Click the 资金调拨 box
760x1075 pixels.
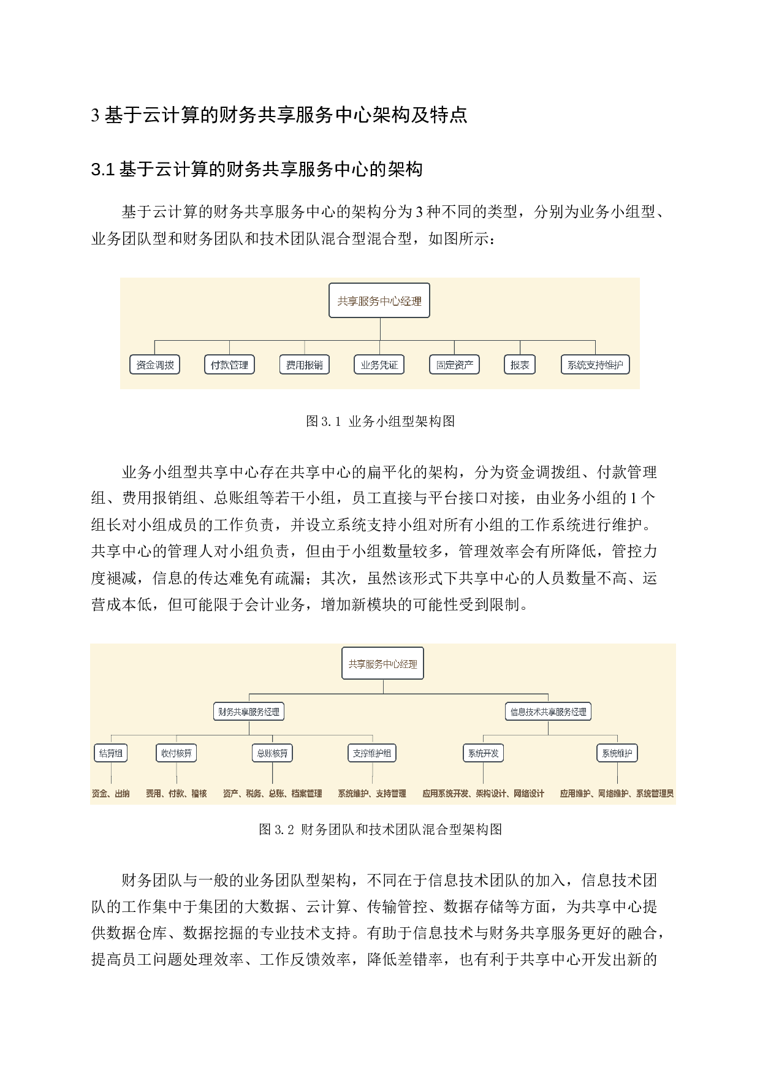155,365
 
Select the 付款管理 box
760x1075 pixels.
229,365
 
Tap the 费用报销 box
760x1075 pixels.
305,365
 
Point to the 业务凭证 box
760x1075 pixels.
379,365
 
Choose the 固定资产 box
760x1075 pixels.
454,365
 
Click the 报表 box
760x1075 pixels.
520,365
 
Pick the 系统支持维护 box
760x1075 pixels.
595,365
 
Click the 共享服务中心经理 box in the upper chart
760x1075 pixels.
379,301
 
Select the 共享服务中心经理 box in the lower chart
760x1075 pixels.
383,664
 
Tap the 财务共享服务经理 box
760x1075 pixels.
249,712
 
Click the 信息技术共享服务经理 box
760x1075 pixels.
548,712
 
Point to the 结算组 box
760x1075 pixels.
111,753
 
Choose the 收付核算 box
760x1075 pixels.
177,753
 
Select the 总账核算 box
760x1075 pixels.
272,753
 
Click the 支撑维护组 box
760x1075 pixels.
372,753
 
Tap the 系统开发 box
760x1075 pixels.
483,753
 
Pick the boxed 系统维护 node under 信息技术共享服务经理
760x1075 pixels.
617,753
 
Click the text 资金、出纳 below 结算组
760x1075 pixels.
111,794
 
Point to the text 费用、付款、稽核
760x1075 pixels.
177,794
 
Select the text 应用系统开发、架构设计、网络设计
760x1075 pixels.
483,794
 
